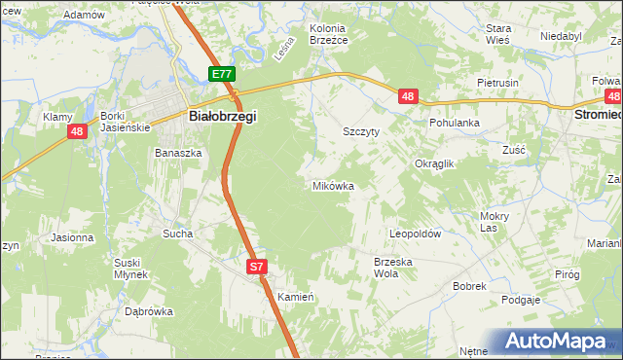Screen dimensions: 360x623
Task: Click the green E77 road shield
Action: click(x=221, y=74)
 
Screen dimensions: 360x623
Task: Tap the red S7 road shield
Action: click(x=255, y=266)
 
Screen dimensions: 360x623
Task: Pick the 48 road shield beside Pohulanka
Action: click(x=408, y=95)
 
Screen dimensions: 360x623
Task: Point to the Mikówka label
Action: click(x=332, y=186)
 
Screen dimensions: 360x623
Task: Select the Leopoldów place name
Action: click(x=416, y=234)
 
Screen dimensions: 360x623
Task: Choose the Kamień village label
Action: click(x=293, y=296)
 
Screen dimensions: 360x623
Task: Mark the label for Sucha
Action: click(x=177, y=234)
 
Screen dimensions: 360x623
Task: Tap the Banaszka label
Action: click(x=178, y=153)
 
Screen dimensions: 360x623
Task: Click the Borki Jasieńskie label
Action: click(x=125, y=122)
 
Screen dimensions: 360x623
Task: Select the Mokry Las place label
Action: click(x=495, y=222)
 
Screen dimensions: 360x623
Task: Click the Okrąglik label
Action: click(x=434, y=164)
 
